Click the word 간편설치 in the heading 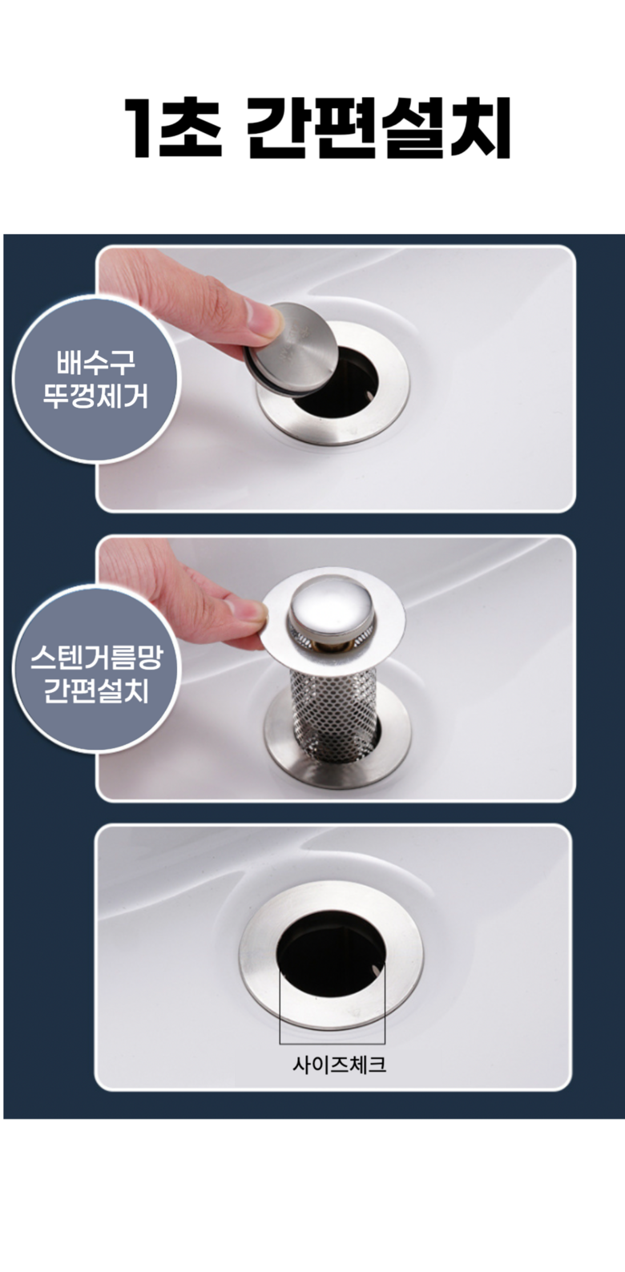coord(379,128)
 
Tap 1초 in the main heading coord(173,128)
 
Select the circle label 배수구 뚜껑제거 coord(95,380)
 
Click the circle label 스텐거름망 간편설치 coord(95,669)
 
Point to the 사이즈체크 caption coord(340,1064)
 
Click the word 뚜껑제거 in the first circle coord(95,396)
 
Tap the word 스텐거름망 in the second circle coord(95,656)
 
